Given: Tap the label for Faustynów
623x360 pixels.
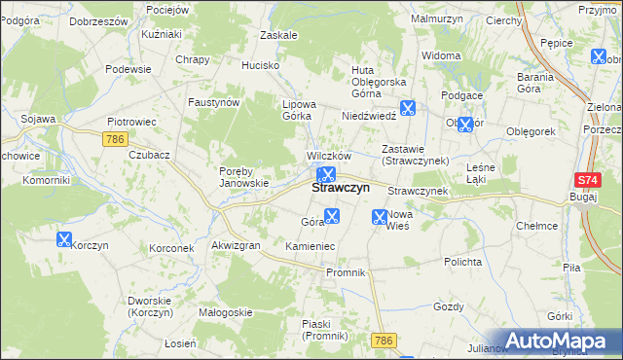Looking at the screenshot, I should (214, 101).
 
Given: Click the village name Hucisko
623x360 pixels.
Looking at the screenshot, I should (261, 65).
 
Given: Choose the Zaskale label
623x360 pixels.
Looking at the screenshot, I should (278, 34).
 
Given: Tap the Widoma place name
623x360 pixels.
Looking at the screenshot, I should (442, 55).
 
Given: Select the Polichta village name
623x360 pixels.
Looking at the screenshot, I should (462, 262).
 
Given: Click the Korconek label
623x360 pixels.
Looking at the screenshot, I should (171, 248).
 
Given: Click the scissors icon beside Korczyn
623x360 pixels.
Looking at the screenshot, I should (64, 238).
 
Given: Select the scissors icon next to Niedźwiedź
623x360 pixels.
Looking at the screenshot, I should (407, 109).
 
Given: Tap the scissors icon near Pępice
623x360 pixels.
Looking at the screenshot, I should (598, 56).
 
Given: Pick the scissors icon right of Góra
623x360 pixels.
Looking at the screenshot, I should (332, 217).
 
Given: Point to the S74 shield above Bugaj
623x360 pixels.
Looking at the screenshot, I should (586, 180).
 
